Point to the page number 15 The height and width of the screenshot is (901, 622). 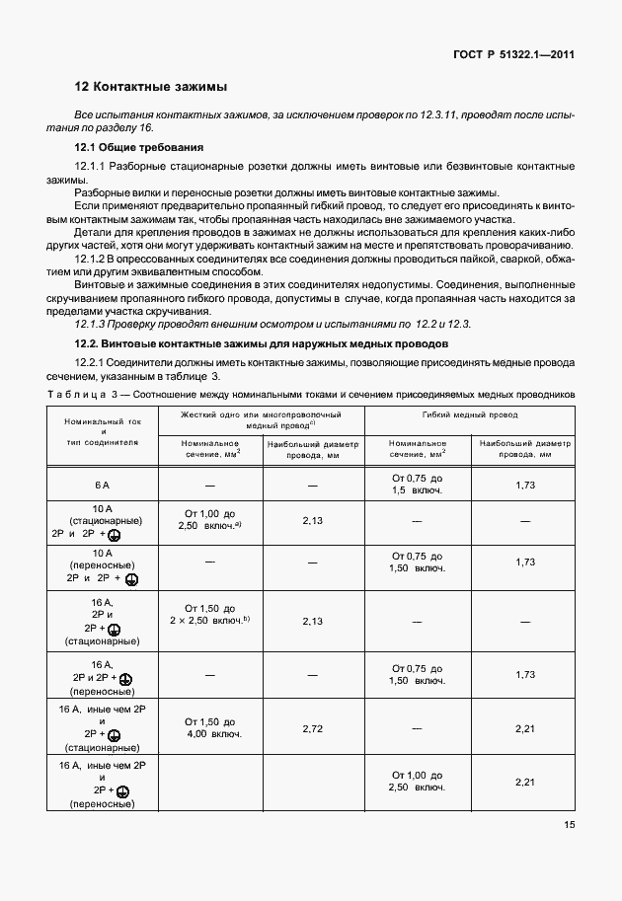click(569, 826)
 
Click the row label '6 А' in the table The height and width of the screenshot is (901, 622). click(103, 486)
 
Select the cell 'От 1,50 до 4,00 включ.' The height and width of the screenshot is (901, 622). click(209, 727)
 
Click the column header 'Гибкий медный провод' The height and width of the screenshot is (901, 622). click(469, 415)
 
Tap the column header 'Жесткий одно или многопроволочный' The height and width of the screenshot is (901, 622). click(261, 415)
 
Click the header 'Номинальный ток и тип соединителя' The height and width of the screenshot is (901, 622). click(103, 431)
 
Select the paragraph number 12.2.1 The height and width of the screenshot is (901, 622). click(93, 362)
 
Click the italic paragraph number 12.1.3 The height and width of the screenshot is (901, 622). click(93, 323)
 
